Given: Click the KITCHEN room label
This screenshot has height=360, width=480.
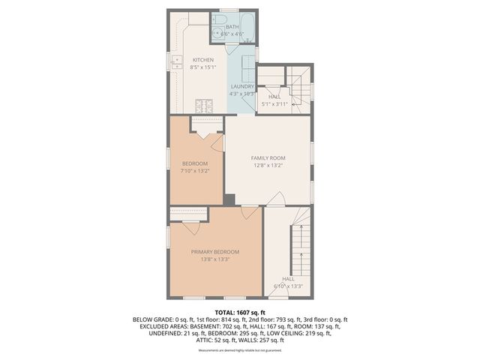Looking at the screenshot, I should tap(203, 60).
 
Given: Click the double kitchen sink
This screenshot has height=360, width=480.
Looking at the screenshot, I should tap(177, 62).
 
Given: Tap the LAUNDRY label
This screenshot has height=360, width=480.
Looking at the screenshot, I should tap(241, 86).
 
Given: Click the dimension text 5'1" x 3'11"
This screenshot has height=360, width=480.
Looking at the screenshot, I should tap(274, 104).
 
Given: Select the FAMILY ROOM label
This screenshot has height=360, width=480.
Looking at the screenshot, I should tap(268, 157).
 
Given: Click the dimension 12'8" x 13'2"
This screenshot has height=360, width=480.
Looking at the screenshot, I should tap(268, 166).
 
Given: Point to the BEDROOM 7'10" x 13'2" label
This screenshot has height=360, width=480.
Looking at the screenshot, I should tap(195, 163).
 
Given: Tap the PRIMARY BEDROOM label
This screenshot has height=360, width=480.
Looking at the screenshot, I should tap(215, 251).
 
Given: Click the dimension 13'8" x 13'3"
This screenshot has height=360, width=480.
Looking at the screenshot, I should tap(215, 259).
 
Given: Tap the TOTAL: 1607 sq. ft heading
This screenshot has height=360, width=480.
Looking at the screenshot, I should tap(240, 312).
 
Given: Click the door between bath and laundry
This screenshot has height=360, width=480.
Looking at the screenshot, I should tap(241, 49).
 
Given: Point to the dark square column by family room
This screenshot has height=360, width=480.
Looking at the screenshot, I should tap(229, 199).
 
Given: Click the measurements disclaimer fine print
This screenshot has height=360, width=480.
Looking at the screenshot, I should tap(240, 350).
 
